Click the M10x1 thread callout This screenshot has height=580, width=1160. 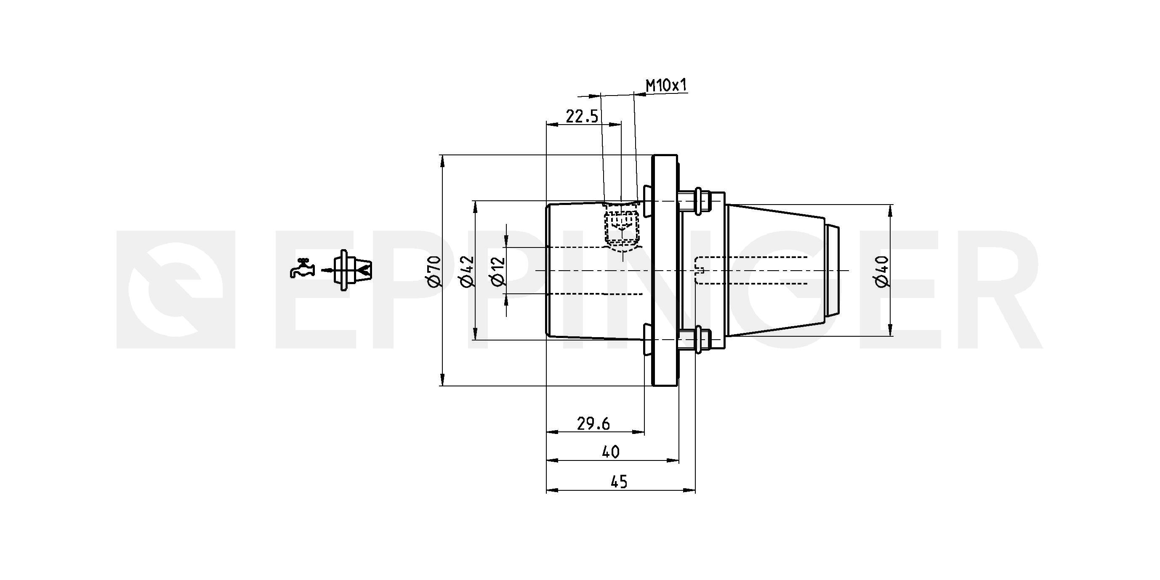pyautogui.click(x=667, y=85)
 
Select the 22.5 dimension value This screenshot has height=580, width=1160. pyautogui.click(x=582, y=117)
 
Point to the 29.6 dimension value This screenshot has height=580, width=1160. pyautogui.click(x=593, y=424)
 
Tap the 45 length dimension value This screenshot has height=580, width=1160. pyautogui.click(x=619, y=482)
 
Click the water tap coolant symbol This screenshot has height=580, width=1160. pyautogui.click(x=302, y=268)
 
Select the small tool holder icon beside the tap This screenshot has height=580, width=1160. pyautogui.click(x=353, y=270)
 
